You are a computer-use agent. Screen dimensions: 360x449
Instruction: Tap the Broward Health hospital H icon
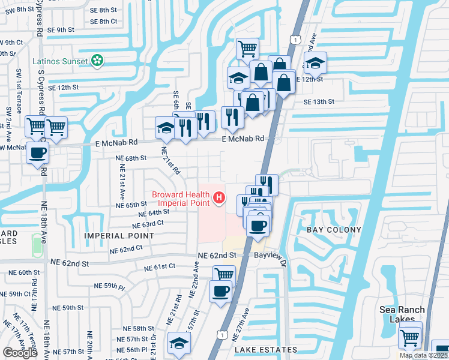220,197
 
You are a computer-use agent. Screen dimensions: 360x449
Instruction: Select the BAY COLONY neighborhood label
334,230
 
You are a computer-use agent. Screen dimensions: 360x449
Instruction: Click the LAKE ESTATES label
266,350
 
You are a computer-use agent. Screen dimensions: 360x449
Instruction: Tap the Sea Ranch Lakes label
402,314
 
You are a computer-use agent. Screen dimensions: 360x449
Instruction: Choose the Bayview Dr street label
272,256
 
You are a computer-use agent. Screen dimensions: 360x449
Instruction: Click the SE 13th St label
318,102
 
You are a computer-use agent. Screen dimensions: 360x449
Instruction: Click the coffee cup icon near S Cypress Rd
38,152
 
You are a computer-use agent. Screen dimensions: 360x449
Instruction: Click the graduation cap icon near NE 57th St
178,343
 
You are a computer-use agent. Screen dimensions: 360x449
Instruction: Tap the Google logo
20,353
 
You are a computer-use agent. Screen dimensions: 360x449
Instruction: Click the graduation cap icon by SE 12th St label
315,62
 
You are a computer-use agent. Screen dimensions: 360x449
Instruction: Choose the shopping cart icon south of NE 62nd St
224,275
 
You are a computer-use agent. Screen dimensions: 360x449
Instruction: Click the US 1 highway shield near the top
294,39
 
